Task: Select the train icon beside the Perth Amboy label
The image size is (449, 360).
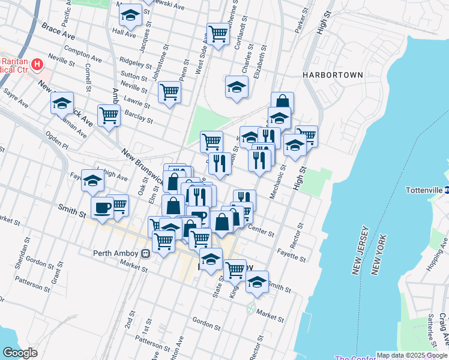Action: pos(145,253)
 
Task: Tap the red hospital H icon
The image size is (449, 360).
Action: pos(38,63)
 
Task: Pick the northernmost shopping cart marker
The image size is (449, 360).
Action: pos(218,33)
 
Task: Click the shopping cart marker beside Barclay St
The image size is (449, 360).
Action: pos(109,115)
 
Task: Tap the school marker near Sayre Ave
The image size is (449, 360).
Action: pos(62,103)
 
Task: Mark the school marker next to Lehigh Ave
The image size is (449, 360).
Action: pos(92,179)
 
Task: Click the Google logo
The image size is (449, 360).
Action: pos(20,353)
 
